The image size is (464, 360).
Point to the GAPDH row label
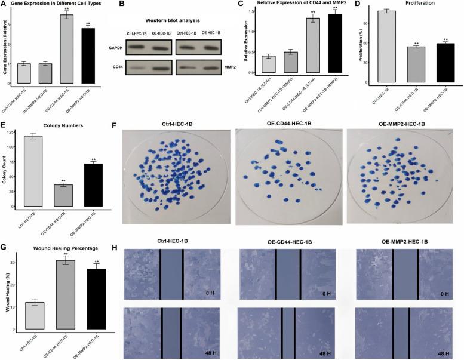tap(132, 46)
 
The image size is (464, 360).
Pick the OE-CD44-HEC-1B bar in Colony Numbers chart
tap(63, 195)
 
